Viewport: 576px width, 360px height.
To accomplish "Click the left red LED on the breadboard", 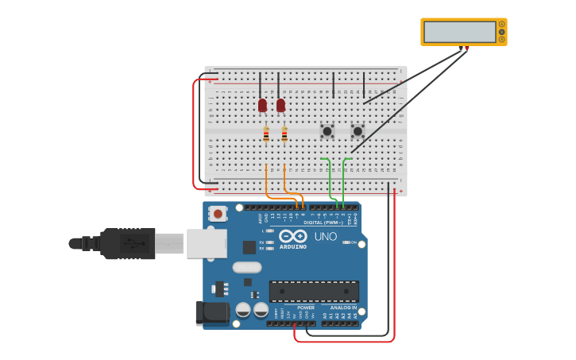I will click(x=262, y=105).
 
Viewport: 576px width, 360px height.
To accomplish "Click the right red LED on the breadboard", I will click(x=280, y=105).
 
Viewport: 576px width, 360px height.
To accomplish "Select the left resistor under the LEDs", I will click(x=266, y=135).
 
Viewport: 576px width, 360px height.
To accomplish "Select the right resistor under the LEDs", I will click(x=284, y=135).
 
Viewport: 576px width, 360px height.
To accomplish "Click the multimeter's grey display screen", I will click(x=459, y=32).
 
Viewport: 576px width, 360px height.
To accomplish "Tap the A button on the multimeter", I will click(x=501, y=25).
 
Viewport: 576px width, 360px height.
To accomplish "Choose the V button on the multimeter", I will click(x=501, y=32).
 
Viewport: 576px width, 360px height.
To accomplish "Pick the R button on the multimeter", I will click(x=501, y=39).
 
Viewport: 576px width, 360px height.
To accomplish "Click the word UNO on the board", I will click(x=325, y=236).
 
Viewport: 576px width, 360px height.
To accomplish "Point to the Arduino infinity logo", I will click(x=292, y=236).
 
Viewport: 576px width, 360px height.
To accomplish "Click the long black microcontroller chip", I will click(x=314, y=291).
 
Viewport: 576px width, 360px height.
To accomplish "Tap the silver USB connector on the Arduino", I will click(x=206, y=243).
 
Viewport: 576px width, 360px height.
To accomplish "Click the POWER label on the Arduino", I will click(x=306, y=308).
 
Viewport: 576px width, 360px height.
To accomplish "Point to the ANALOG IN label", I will click(x=343, y=308).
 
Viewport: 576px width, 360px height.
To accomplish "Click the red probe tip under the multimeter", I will click(x=467, y=48).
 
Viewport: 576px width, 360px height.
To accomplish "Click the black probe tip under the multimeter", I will click(x=461, y=48).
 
